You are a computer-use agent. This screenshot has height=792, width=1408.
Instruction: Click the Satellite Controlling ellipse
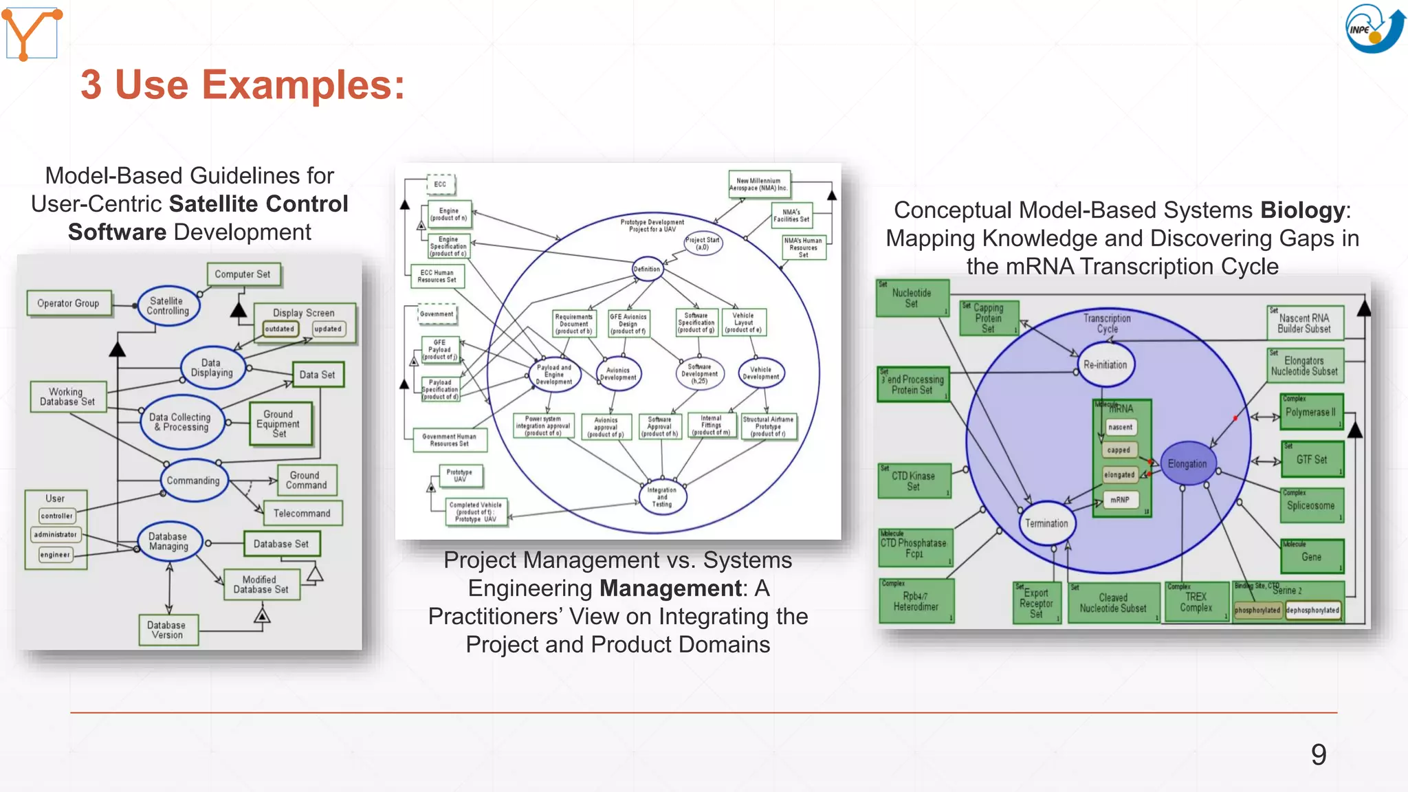(168, 306)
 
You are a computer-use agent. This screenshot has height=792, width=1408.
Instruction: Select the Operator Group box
(69, 303)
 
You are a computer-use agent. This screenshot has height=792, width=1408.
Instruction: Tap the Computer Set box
(243, 274)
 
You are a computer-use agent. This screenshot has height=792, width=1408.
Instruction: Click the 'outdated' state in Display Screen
(280, 329)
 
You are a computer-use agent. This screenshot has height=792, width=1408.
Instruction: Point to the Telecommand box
(302, 514)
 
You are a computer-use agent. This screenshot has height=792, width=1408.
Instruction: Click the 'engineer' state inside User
(55, 555)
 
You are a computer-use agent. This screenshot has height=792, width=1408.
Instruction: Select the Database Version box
(167, 630)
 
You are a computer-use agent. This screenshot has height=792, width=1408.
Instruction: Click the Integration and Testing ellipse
(661, 497)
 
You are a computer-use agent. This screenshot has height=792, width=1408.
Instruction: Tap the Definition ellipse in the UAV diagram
(647, 269)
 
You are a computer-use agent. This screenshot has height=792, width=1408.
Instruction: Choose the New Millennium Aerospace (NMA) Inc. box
(758, 184)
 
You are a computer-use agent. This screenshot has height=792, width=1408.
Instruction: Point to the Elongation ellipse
(1187, 464)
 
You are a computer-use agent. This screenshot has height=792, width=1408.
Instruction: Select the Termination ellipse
(1046, 523)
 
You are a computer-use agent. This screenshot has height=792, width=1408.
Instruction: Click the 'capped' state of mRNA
(1119, 450)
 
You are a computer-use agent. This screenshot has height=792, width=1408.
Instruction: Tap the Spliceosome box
(1310, 505)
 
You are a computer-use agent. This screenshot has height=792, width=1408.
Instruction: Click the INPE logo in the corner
(1374, 29)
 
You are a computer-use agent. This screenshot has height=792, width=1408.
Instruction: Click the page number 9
(1318, 755)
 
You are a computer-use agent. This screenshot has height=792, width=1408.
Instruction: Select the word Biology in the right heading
(1302, 210)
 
